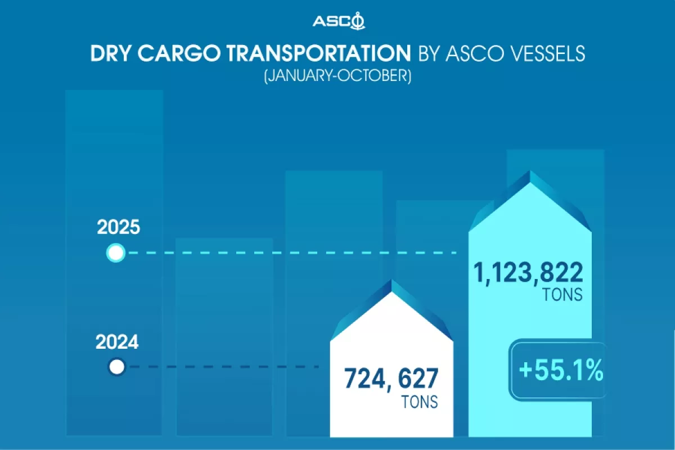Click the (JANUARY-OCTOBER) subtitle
pos(337,76)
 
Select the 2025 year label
pos(118,228)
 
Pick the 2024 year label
pos(117,342)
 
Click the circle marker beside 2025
pos(115,253)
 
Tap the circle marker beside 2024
pos(116,368)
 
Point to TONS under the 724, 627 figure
pos(420,402)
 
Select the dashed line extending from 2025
pos(292,253)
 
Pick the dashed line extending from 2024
pos(225,368)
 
